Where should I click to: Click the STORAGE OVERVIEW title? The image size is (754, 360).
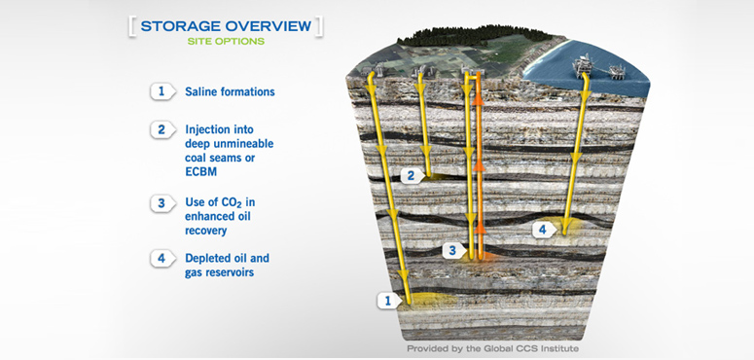click(225, 25)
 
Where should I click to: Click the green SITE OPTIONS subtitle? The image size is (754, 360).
click(225, 42)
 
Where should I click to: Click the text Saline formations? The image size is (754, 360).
click(230, 92)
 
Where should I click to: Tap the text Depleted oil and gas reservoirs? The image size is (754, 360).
click(227, 266)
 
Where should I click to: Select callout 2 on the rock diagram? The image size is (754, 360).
click(412, 175)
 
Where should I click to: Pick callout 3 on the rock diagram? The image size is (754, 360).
click(449, 251)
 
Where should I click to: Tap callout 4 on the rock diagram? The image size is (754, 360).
click(543, 230)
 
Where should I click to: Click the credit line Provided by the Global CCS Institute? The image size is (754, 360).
click(492, 347)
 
